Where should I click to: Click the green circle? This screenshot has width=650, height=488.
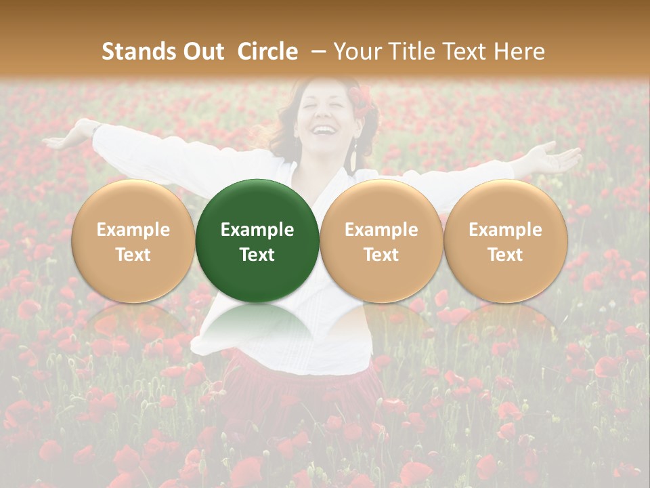[257, 241]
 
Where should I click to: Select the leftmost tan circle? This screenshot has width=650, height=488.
[133, 241]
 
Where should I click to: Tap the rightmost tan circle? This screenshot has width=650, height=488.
[505, 241]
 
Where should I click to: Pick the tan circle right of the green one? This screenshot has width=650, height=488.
[381, 241]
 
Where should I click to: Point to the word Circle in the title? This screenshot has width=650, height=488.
[267, 52]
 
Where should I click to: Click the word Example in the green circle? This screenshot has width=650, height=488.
[257, 230]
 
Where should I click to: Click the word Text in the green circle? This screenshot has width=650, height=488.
[257, 255]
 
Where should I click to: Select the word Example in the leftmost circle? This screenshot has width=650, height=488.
[133, 230]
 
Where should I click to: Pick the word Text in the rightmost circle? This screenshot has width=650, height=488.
[505, 255]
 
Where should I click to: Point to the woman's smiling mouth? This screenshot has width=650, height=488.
[326, 129]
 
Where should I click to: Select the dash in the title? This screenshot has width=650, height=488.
[316, 52]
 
